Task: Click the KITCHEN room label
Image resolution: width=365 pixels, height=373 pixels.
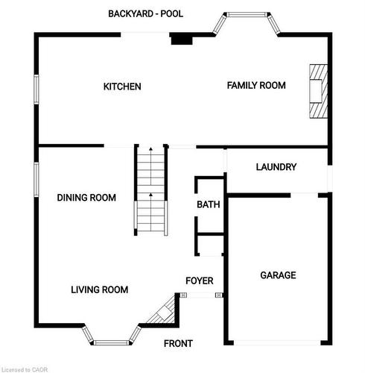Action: tap(122, 87)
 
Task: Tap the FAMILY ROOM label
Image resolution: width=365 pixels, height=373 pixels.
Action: tap(256, 86)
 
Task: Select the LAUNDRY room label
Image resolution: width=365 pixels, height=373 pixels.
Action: tap(276, 167)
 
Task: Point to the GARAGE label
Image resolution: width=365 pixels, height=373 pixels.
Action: tap(278, 275)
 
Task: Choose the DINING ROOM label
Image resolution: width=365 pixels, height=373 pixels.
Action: tap(86, 198)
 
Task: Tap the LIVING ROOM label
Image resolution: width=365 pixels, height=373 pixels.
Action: tap(99, 290)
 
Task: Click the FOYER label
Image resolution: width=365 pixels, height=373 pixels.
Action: tap(200, 280)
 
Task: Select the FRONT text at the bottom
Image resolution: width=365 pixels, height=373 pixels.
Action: tap(178, 344)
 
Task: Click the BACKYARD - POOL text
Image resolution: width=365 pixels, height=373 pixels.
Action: tap(145, 13)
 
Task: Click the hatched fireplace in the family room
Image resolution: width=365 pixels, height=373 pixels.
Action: tap(318, 90)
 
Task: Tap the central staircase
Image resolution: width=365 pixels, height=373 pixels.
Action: tap(150, 190)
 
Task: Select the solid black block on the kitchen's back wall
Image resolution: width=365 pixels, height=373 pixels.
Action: tap(181, 38)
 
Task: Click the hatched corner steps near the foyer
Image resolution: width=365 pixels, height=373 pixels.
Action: tap(162, 311)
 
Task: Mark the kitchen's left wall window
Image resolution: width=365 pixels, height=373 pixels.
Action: tap(36, 89)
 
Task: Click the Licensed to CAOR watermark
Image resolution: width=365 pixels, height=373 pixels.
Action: tap(25, 368)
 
